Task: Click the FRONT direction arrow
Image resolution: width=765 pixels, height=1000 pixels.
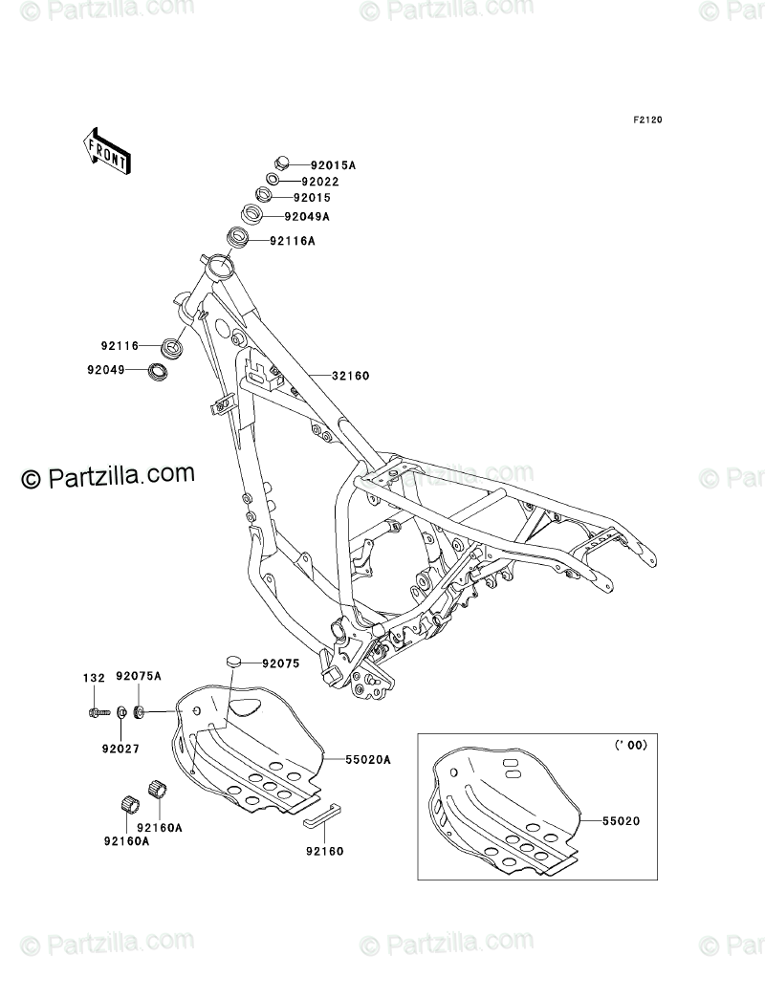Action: (x=106, y=151)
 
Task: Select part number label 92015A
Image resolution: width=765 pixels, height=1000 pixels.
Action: (x=307, y=164)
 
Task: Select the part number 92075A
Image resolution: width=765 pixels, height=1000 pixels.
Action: (x=139, y=677)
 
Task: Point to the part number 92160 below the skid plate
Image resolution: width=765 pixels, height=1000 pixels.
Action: (x=325, y=849)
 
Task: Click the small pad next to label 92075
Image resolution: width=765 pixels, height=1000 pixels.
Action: (x=236, y=661)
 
